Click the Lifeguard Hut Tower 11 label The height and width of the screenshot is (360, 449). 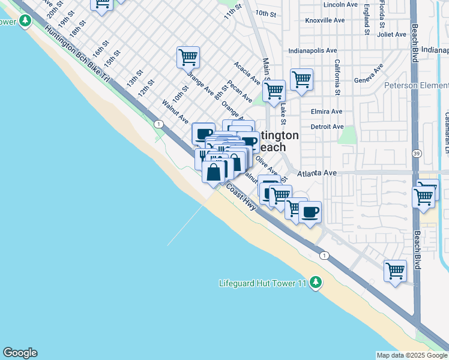(x=263, y=282)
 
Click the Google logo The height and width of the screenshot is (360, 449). (x=20, y=353)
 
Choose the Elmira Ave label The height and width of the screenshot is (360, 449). (x=327, y=111)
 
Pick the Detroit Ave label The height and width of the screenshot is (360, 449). (x=327, y=127)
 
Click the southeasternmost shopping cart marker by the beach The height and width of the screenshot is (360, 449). (x=395, y=271)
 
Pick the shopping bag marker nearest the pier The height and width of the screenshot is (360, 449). (x=214, y=172)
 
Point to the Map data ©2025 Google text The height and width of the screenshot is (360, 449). (x=411, y=355)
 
